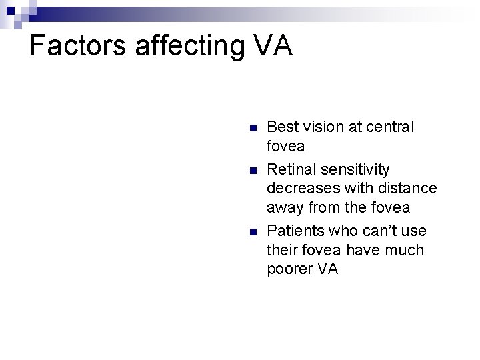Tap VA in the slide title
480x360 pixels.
click(273, 45)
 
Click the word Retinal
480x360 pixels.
click(293, 169)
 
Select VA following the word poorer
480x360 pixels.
click(329, 269)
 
